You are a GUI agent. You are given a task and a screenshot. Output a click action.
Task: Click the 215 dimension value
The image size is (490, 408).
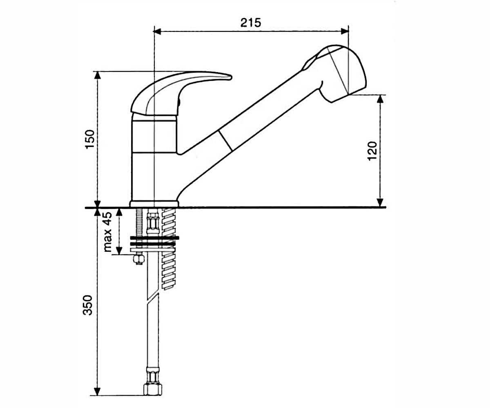click(250, 23)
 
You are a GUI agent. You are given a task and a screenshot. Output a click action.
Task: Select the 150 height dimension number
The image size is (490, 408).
click(90, 139)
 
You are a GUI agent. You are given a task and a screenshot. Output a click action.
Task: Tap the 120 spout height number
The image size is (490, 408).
click(372, 151)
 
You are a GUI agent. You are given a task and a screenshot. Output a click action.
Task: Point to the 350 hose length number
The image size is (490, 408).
click(88, 305)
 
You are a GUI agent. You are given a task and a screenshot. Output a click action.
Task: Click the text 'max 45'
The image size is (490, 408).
click(107, 232)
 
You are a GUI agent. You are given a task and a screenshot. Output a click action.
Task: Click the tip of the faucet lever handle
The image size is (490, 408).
click(231, 77)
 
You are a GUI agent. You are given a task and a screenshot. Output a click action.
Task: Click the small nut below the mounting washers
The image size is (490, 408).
click(138, 259)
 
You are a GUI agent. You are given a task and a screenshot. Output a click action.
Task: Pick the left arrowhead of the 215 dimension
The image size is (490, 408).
click(157, 31)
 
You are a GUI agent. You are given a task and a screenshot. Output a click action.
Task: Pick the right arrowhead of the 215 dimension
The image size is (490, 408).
click(345, 31)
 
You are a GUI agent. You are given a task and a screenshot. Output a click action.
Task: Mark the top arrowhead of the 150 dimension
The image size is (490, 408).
click(98, 75)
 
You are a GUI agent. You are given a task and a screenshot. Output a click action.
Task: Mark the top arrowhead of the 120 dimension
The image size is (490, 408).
click(380, 99)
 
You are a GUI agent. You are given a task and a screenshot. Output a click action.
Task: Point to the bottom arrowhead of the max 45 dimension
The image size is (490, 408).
click(120, 251)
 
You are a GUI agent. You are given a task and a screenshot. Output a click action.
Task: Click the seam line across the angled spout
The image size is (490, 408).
click(225, 140)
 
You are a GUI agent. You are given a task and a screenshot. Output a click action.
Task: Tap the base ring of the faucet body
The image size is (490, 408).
click(154, 204)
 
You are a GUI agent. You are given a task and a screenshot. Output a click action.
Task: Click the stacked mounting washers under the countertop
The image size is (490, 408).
click(154, 244)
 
